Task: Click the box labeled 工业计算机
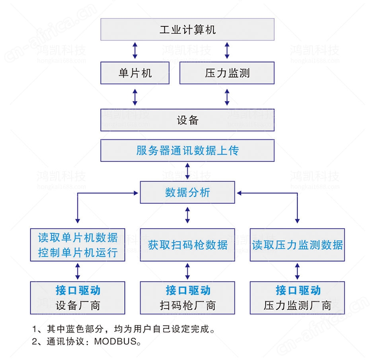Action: (187, 29)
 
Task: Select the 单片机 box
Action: (135, 73)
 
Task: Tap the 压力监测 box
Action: (227, 73)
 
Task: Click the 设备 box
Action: (187, 120)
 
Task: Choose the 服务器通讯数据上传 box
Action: (187, 150)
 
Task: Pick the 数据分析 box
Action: (187, 193)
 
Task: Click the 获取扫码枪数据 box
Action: (187, 245)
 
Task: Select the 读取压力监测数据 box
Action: (297, 245)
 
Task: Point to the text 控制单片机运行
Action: (78, 253)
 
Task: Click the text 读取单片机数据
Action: (78, 238)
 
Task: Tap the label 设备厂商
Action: (78, 306)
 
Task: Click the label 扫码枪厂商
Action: (188, 306)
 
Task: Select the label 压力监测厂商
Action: (298, 306)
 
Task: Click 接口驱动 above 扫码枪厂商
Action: (188, 290)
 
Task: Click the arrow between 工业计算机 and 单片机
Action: (135, 51)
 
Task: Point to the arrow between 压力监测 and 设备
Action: (227, 97)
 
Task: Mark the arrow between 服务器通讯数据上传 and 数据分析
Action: (187, 171)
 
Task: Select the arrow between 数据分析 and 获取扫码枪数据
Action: (187, 215)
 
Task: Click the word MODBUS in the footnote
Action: (115, 341)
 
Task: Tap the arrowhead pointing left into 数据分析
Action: (239, 193)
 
